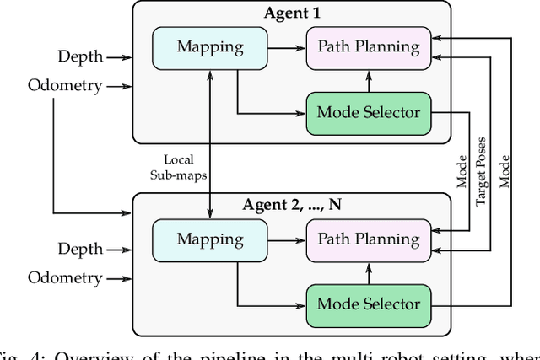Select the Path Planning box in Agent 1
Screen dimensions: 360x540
click(367, 46)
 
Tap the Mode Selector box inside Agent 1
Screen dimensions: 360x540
click(367, 112)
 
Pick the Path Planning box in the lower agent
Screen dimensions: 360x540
click(367, 239)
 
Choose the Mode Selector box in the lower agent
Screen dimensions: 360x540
click(367, 304)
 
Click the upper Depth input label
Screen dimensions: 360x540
click(80, 56)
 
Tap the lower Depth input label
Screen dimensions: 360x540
click(80, 249)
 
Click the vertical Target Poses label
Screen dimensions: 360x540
click(482, 169)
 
